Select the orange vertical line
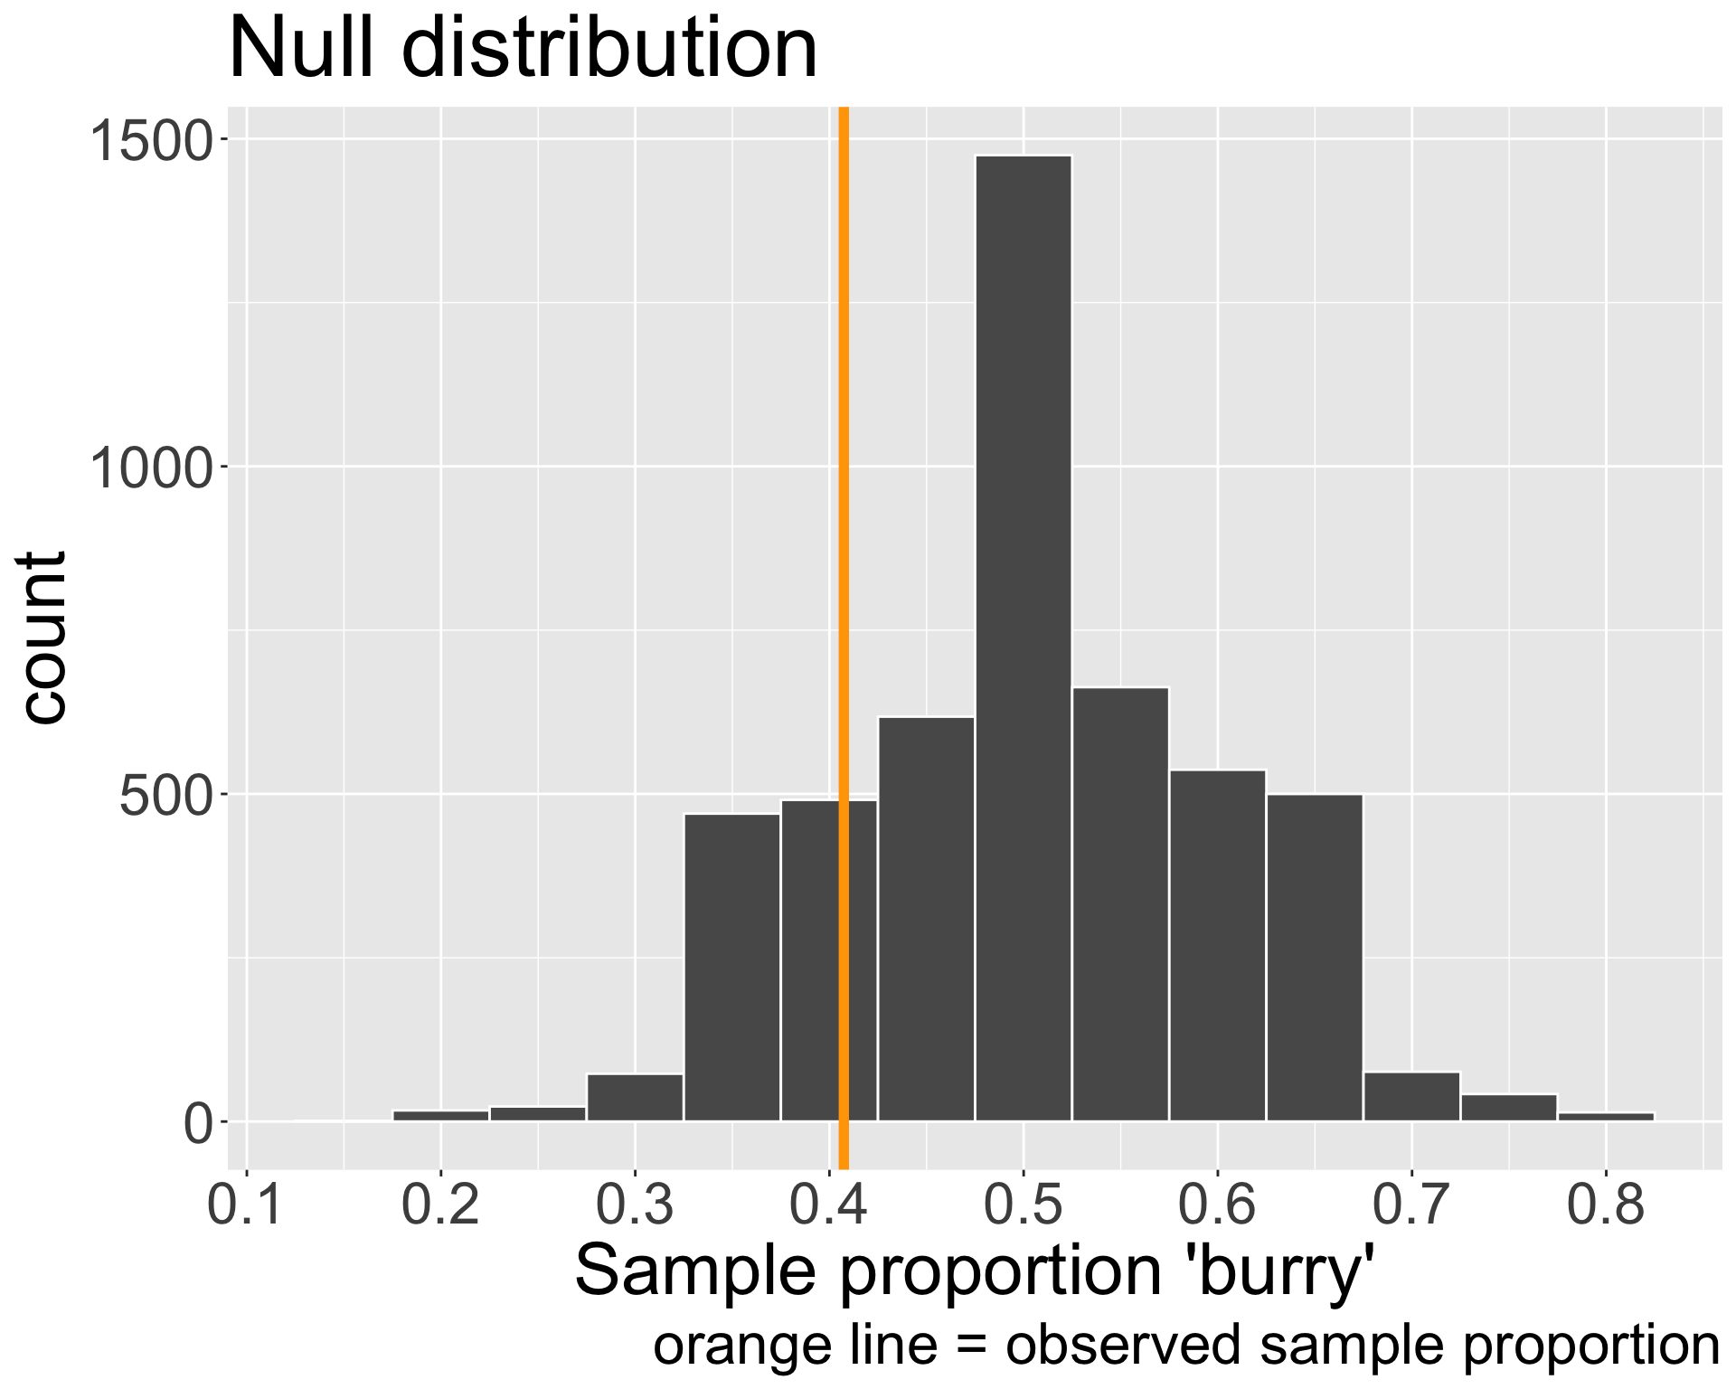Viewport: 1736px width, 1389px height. point(844,543)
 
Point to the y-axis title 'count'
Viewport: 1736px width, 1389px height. point(42,638)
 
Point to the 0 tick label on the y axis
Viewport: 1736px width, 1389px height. point(197,1124)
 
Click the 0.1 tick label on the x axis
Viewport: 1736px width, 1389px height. point(246,1207)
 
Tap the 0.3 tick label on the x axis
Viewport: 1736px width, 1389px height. point(635,1207)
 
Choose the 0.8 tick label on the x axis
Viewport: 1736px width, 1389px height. point(1606,1207)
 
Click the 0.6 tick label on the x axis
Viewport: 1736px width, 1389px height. point(1217,1207)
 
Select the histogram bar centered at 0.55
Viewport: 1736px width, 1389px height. point(1120,904)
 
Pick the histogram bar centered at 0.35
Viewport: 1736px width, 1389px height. point(731,968)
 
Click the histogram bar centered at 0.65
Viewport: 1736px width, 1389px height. point(1315,959)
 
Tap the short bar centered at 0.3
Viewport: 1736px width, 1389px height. point(635,1098)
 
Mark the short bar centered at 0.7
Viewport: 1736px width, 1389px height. point(1411,1097)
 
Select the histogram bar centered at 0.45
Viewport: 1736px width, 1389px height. point(926,919)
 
